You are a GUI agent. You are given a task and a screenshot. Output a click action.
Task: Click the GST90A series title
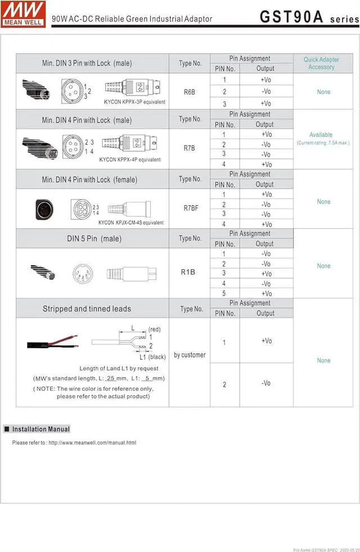[309, 17]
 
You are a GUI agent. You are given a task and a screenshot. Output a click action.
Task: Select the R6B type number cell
[190, 91]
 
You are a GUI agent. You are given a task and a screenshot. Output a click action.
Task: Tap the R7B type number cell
[190, 148]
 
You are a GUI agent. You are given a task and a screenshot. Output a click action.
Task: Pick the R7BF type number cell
[190, 208]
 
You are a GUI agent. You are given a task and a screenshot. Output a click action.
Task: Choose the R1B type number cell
[188, 272]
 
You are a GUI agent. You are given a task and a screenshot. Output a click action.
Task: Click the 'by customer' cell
[190, 355]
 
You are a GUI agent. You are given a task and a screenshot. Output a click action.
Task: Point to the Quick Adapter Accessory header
[321, 63]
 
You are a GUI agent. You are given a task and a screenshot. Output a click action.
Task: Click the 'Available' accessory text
[321, 135]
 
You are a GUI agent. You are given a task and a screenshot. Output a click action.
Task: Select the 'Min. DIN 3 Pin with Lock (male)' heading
[87, 63]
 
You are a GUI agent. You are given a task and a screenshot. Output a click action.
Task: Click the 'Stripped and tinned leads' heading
[87, 309]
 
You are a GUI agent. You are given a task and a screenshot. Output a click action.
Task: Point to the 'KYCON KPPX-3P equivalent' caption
[134, 102]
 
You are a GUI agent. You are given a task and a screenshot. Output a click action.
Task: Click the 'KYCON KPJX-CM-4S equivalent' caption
[131, 223]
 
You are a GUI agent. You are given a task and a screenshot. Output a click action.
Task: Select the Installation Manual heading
[40, 429]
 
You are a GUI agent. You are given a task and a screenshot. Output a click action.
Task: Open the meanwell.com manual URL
[92, 442]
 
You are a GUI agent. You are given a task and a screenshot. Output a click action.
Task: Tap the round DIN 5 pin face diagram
[82, 274]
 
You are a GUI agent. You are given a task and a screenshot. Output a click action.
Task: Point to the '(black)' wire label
[157, 357]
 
